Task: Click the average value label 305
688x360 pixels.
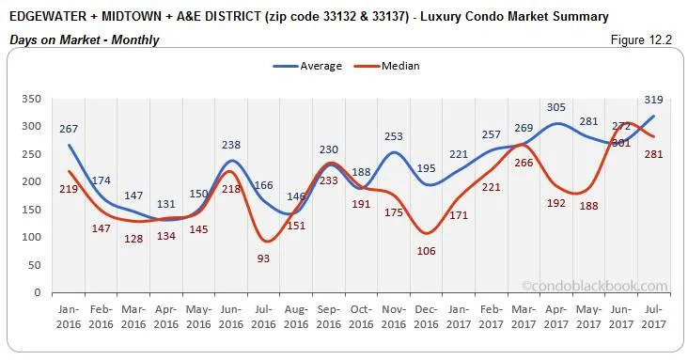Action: (557, 107)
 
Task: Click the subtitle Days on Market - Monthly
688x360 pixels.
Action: (84, 39)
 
